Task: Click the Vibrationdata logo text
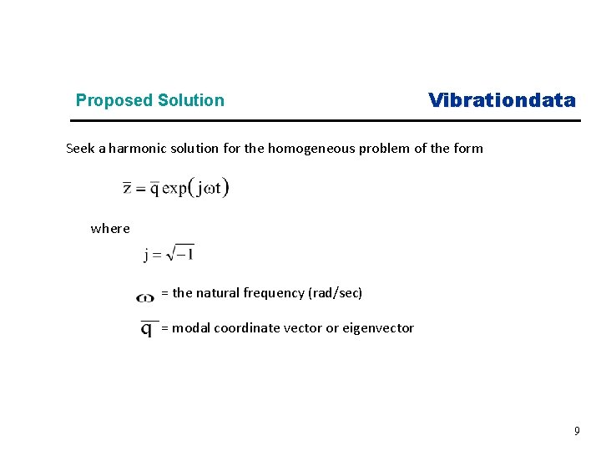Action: click(502, 101)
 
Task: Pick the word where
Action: click(110, 229)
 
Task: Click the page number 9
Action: click(576, 431)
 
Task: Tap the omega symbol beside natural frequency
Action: click(145, 296)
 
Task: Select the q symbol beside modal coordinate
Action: click(147, 329)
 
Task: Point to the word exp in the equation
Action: click(174, 188)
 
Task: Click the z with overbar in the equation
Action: click(127, 187)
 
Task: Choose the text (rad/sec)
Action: click(335, 293)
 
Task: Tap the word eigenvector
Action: click(377, 328)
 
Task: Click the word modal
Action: click(191, 328)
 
